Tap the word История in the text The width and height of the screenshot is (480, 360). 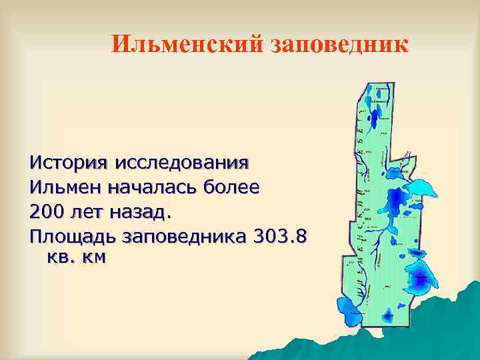click(69, 162)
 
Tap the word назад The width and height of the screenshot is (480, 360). click(143, 211)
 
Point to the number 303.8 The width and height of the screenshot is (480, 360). click(281, 236)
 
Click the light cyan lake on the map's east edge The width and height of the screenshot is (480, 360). click(420, 189)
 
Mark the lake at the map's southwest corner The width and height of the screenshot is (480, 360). click(349, 306)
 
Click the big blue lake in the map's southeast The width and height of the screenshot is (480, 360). click(420, 277)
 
